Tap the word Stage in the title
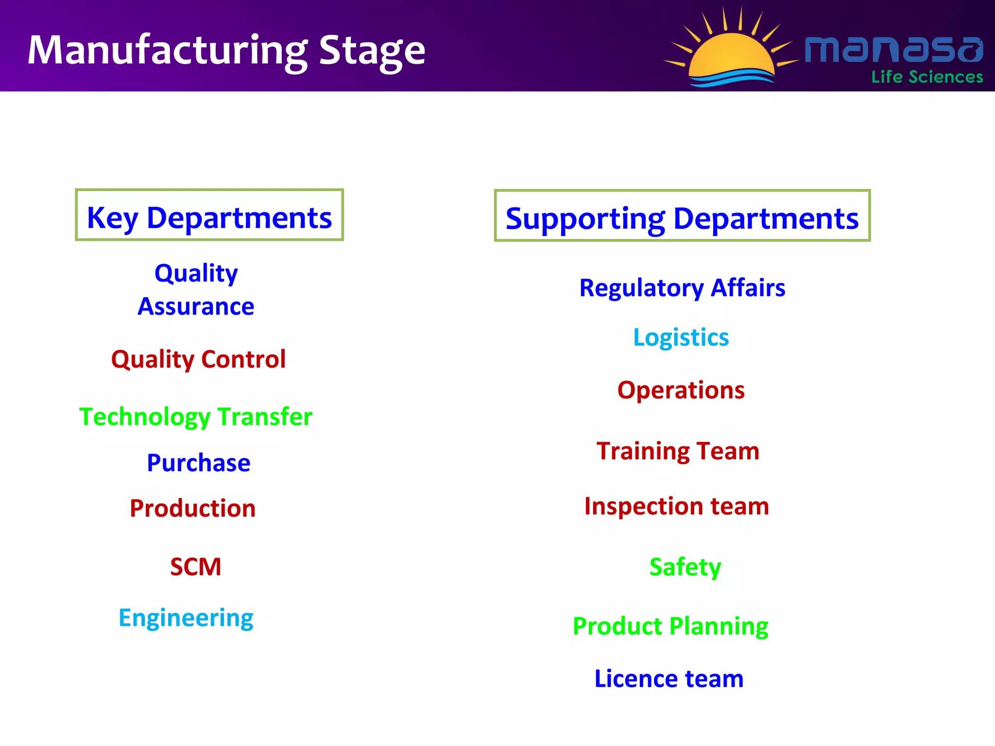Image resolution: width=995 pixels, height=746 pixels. [x=372, y=51]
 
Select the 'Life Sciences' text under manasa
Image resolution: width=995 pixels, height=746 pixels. [x=926, y=77]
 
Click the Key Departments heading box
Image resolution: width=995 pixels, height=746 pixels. [x=209, y=215]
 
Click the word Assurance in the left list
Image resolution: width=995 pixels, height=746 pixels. [x=196, y=306]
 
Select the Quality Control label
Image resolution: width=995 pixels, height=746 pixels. [x=198, y=359]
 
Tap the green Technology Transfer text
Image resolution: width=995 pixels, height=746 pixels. [x=196, y=417]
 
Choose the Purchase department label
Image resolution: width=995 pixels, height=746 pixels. [x=198, y=463]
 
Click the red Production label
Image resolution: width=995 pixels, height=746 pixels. [x=192, y=509]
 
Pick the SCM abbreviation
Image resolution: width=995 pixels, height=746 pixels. [x=195, y=567]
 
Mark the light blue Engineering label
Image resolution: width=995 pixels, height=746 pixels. [x=186, y=618]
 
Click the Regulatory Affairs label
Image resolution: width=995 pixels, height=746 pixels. [x=682, y=288]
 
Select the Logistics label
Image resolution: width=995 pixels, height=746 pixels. [x=681, y=338]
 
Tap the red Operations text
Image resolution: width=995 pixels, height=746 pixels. [x=681, y=390]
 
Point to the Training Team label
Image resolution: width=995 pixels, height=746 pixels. [x=678, y=451]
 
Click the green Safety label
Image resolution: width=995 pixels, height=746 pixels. [x=685, y=567]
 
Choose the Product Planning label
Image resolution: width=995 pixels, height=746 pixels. [x=670, y=626]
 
